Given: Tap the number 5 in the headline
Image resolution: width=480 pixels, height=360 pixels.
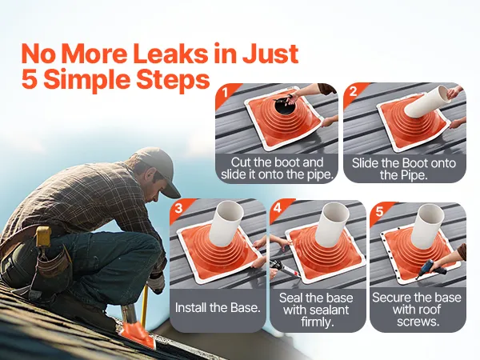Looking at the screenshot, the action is coord(31,79).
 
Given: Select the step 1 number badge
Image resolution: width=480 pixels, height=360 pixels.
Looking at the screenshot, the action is coord(226,92).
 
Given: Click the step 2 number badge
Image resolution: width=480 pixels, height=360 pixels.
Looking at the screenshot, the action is coord(353,91).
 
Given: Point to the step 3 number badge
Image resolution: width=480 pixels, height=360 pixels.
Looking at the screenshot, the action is coord(178,209).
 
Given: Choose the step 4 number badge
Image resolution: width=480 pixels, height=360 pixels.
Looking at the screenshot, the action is coord(278,209).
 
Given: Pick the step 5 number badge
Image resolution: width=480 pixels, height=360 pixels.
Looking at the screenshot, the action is coord(379,212).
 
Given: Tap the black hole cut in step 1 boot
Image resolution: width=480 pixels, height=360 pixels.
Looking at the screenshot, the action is coord(282,106).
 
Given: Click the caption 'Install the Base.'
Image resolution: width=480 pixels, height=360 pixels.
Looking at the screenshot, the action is coord(218,307).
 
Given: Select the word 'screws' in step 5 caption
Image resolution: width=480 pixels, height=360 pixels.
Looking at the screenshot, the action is coord(416,322).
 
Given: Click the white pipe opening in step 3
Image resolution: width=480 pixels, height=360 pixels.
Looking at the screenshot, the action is coord(230,212).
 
